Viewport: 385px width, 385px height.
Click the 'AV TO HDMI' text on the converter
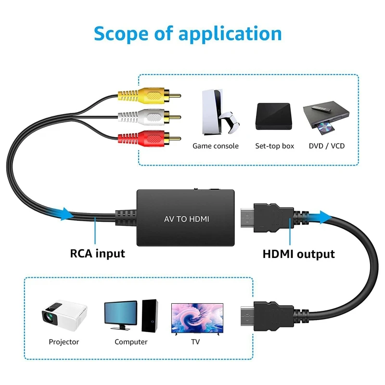(186, 219)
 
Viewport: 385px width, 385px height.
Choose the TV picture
(197, 318)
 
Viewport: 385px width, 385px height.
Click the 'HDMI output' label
(298, 254)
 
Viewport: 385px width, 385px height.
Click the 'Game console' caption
(216, 146)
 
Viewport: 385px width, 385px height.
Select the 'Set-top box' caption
(274, 146)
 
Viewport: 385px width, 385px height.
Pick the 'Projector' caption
(64, 342)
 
